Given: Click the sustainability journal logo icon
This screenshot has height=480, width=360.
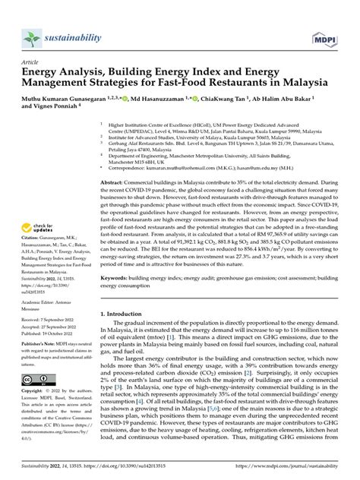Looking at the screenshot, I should pos(31,37).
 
